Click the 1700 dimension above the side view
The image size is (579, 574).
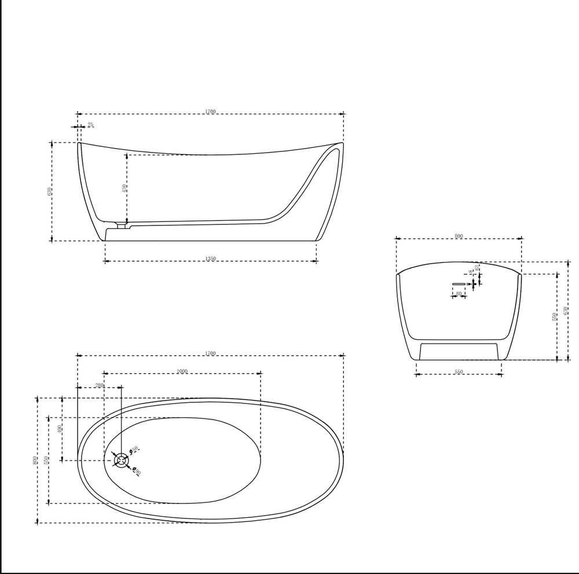pyautogui.click(x=210, y=112)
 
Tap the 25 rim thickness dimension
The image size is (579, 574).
pyautogui.click(x=90, y=125)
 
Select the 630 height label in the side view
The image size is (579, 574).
pyautogui.click(x=50, y=191)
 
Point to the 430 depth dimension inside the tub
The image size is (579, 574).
pyautogui.click(x=124, y=188)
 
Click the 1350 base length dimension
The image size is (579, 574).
pyautogui.click(x=210, y=259)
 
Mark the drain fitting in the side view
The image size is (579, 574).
pyautogui.click(x=122, y=224)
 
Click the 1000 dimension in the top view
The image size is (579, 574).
pyautogui.click(x=182, y=371)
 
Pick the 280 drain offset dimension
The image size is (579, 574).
pyautogui.click(x=99, y=385)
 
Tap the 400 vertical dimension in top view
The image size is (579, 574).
pyautogui.click(x=59, y=429)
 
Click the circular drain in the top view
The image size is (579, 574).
pyautogui.click(x=122, y=460)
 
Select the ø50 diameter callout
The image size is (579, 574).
pyautogui.click(x=134, y=449)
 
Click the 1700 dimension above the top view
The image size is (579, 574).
pyautogui.click(x=210, y=353)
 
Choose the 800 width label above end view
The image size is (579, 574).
pyautogui.click(x=459, y=236)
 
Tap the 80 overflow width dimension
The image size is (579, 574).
pyautogui.click(x=459, y=294)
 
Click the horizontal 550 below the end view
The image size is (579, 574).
pyautogui.click(x=459, y=372)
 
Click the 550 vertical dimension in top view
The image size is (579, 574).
pyautogui.click(x=46, y=460)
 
